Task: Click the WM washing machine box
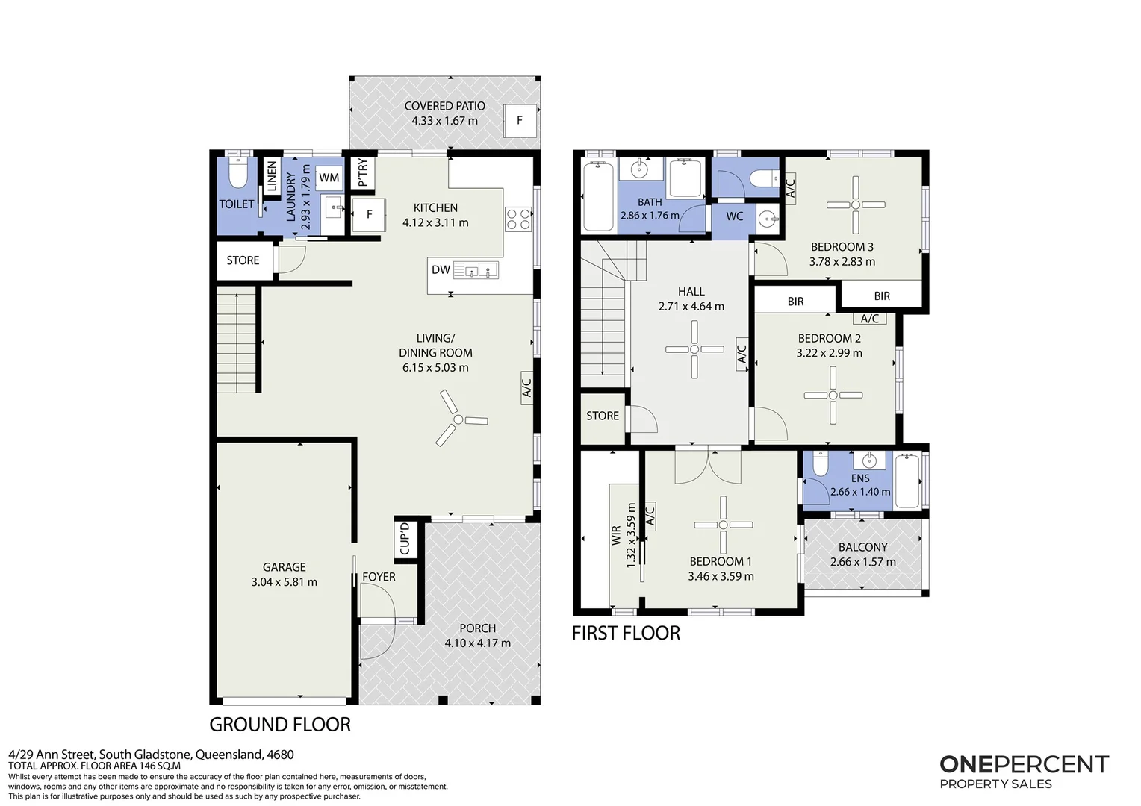click(329, 178)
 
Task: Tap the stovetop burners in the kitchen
click(518, 219)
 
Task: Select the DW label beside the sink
click(441, 269)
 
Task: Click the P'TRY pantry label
click(362, 172)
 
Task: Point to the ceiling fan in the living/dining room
click(458, 419)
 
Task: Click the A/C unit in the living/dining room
click(526, 387)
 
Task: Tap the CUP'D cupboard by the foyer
click(405, 540)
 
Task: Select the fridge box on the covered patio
click(520, 121)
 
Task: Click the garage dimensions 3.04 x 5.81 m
click(285, 581)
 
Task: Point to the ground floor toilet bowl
click(237, 173)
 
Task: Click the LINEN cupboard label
click(272, 175)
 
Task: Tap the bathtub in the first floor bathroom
click(599, 196)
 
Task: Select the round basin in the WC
click(768, 219)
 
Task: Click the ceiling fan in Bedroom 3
click(856, 204)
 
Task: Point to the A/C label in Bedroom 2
click(870, 319)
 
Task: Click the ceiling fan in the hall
click(694, 349)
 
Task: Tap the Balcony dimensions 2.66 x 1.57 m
click(863, 562)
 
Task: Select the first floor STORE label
click(603, 416)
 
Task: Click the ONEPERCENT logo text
click(1025, 764)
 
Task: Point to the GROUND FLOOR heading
click(280, 724)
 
